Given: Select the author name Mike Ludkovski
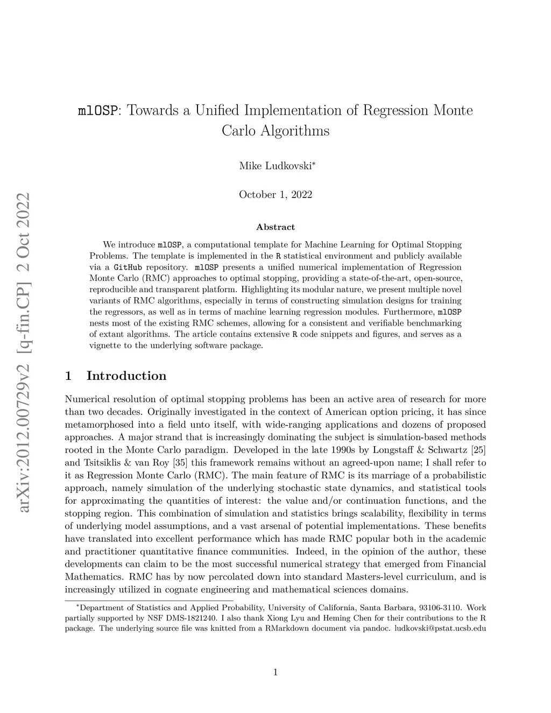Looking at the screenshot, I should click(275, 166).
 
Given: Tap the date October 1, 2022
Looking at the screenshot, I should click(275, 195).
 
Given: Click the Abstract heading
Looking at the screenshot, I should click(275, 227).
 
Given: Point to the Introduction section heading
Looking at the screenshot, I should click(126, 376).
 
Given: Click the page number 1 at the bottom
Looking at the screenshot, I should click(275, 672).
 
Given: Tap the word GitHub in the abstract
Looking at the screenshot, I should click(128, 267).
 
